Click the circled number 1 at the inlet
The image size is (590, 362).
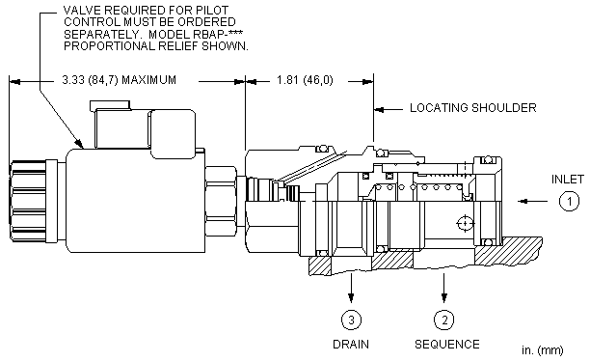(x=569, y=201)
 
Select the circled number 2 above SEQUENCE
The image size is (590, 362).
(x=444, y=320)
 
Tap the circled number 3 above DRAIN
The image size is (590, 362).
(x=351, y=320)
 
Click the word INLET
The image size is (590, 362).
(x=568, y=180)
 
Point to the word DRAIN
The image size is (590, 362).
(x=351, y=345)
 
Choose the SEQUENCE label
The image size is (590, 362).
(x=447, y=345)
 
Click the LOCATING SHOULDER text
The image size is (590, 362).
(x=473, y=108)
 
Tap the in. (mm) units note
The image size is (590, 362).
(x=543, y=350)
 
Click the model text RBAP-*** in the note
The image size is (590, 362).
(x=218, y=35)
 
